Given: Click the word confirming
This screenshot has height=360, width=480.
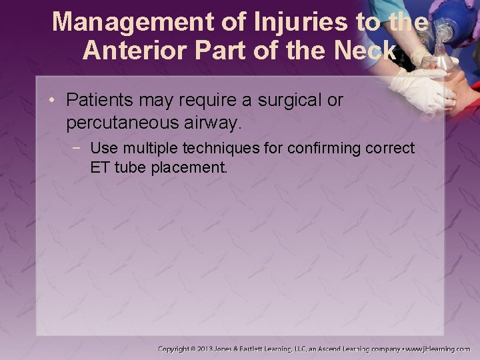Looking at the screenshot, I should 325,148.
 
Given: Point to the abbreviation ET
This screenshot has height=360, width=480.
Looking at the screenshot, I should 100,167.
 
